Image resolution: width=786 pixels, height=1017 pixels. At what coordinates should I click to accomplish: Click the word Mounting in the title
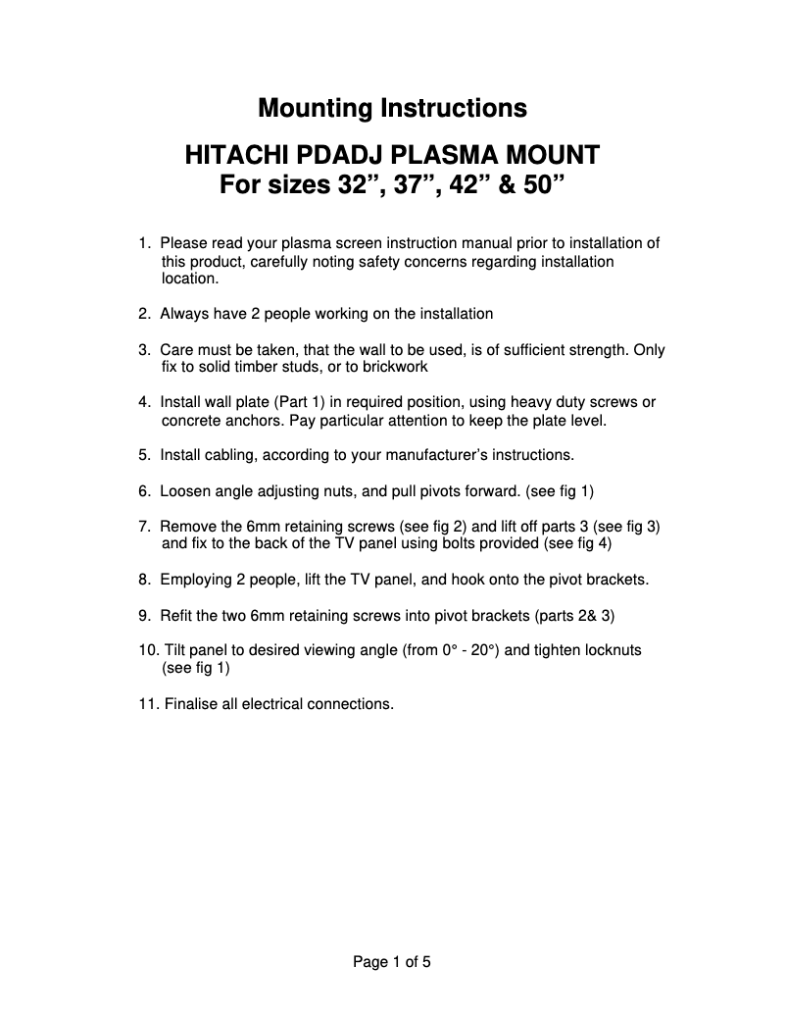click(x=312, y=108)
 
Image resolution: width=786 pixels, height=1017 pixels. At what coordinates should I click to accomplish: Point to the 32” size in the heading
click(x=351, y=184)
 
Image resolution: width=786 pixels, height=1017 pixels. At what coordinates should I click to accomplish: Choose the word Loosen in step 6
click(x=184, y=490)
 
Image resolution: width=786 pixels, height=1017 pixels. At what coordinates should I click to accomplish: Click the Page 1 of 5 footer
click(x=392, y=962)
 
